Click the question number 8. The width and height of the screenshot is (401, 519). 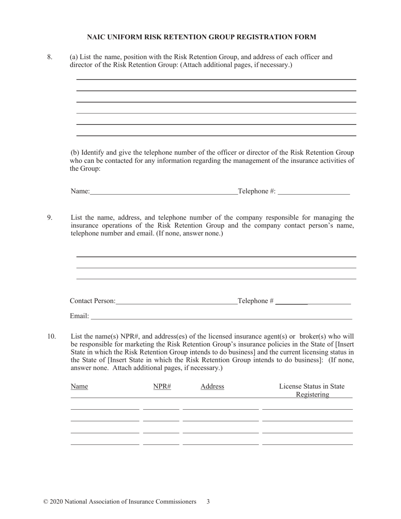tap(50, 57)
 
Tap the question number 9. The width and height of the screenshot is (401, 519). tap(50, 218)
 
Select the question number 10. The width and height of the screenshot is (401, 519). tap(51, 336)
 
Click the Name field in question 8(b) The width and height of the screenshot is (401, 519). tap(164, 192)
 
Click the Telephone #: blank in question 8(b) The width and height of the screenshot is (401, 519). tap(314, 192)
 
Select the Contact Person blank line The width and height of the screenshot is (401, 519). tap(176, 301)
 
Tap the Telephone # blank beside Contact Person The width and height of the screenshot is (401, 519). tap(313, 301)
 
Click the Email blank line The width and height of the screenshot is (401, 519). tap(221, 316)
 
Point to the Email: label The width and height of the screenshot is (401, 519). tap(79, 316)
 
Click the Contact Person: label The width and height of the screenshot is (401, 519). tap(92, 301)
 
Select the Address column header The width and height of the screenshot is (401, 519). tap(212, 387)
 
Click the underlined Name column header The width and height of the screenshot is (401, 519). tap(79, 387)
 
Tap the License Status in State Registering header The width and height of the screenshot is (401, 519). tap(312, 390)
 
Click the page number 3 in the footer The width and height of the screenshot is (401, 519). tap(208, 502)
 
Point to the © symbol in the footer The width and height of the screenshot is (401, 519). tap(46, 502)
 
